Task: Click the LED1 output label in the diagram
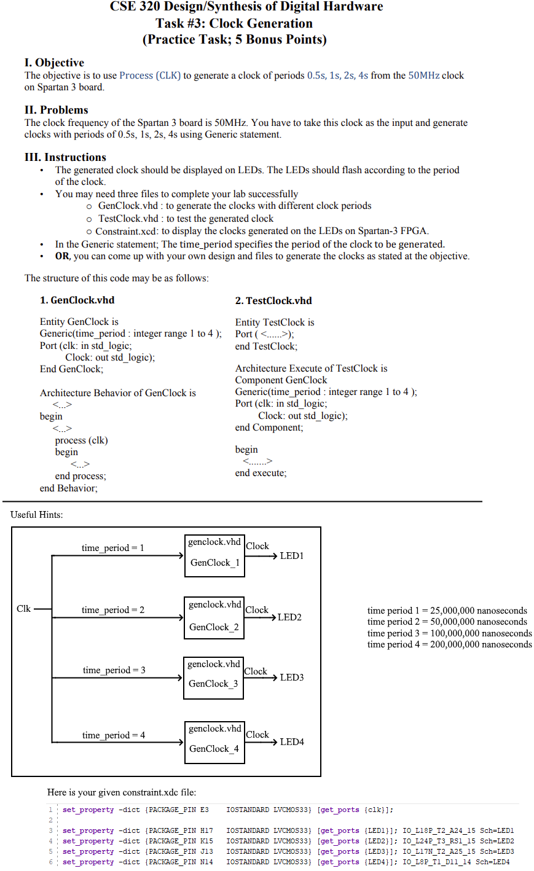point(291,556)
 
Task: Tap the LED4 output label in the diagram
point(291,742)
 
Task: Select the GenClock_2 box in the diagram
point(214,617)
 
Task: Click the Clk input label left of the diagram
point(23,609)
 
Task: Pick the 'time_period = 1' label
point(113,548)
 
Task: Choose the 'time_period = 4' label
point(114,735)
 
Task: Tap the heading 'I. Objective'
point(54,63)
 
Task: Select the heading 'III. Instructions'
point(65,157)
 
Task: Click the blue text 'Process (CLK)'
point(150,76)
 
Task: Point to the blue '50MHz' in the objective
point(424,76)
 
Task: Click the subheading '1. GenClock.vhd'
point(77,300)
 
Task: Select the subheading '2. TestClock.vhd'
point(273,301)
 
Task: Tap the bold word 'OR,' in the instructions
point(63,256)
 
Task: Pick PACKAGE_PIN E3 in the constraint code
point(178,810)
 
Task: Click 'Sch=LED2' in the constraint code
point(497,841)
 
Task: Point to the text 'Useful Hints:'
point(37,515)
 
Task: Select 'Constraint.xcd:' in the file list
point(127,231)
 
